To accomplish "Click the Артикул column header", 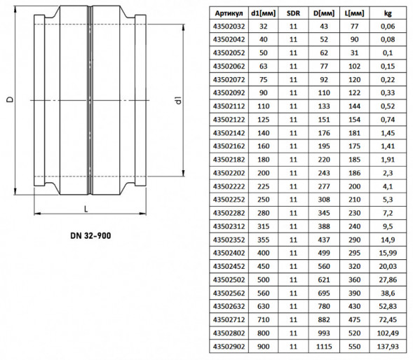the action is [229, 13].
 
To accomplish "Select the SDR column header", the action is [293, 13].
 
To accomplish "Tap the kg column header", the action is [388, 13].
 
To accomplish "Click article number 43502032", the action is [229, 27].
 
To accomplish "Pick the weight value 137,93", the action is [388, 346].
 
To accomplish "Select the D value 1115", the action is [324, 346].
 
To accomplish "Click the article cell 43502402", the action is [229, 253].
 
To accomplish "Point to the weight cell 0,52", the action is [388, 106].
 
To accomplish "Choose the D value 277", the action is [324, 186].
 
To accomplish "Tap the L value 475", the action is [354, 320].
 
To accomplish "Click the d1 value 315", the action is [264, 226].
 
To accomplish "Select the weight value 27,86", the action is [388, 279].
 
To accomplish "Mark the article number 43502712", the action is [229, 320].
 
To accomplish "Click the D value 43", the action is [324, 27].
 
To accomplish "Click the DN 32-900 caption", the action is [90, 235].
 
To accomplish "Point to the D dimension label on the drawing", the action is [10, 99].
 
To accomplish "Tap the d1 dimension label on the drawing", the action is [179, 101].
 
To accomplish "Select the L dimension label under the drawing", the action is [86, 209].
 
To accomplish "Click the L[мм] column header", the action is [354, 13].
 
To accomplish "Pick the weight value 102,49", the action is [388, 333].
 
